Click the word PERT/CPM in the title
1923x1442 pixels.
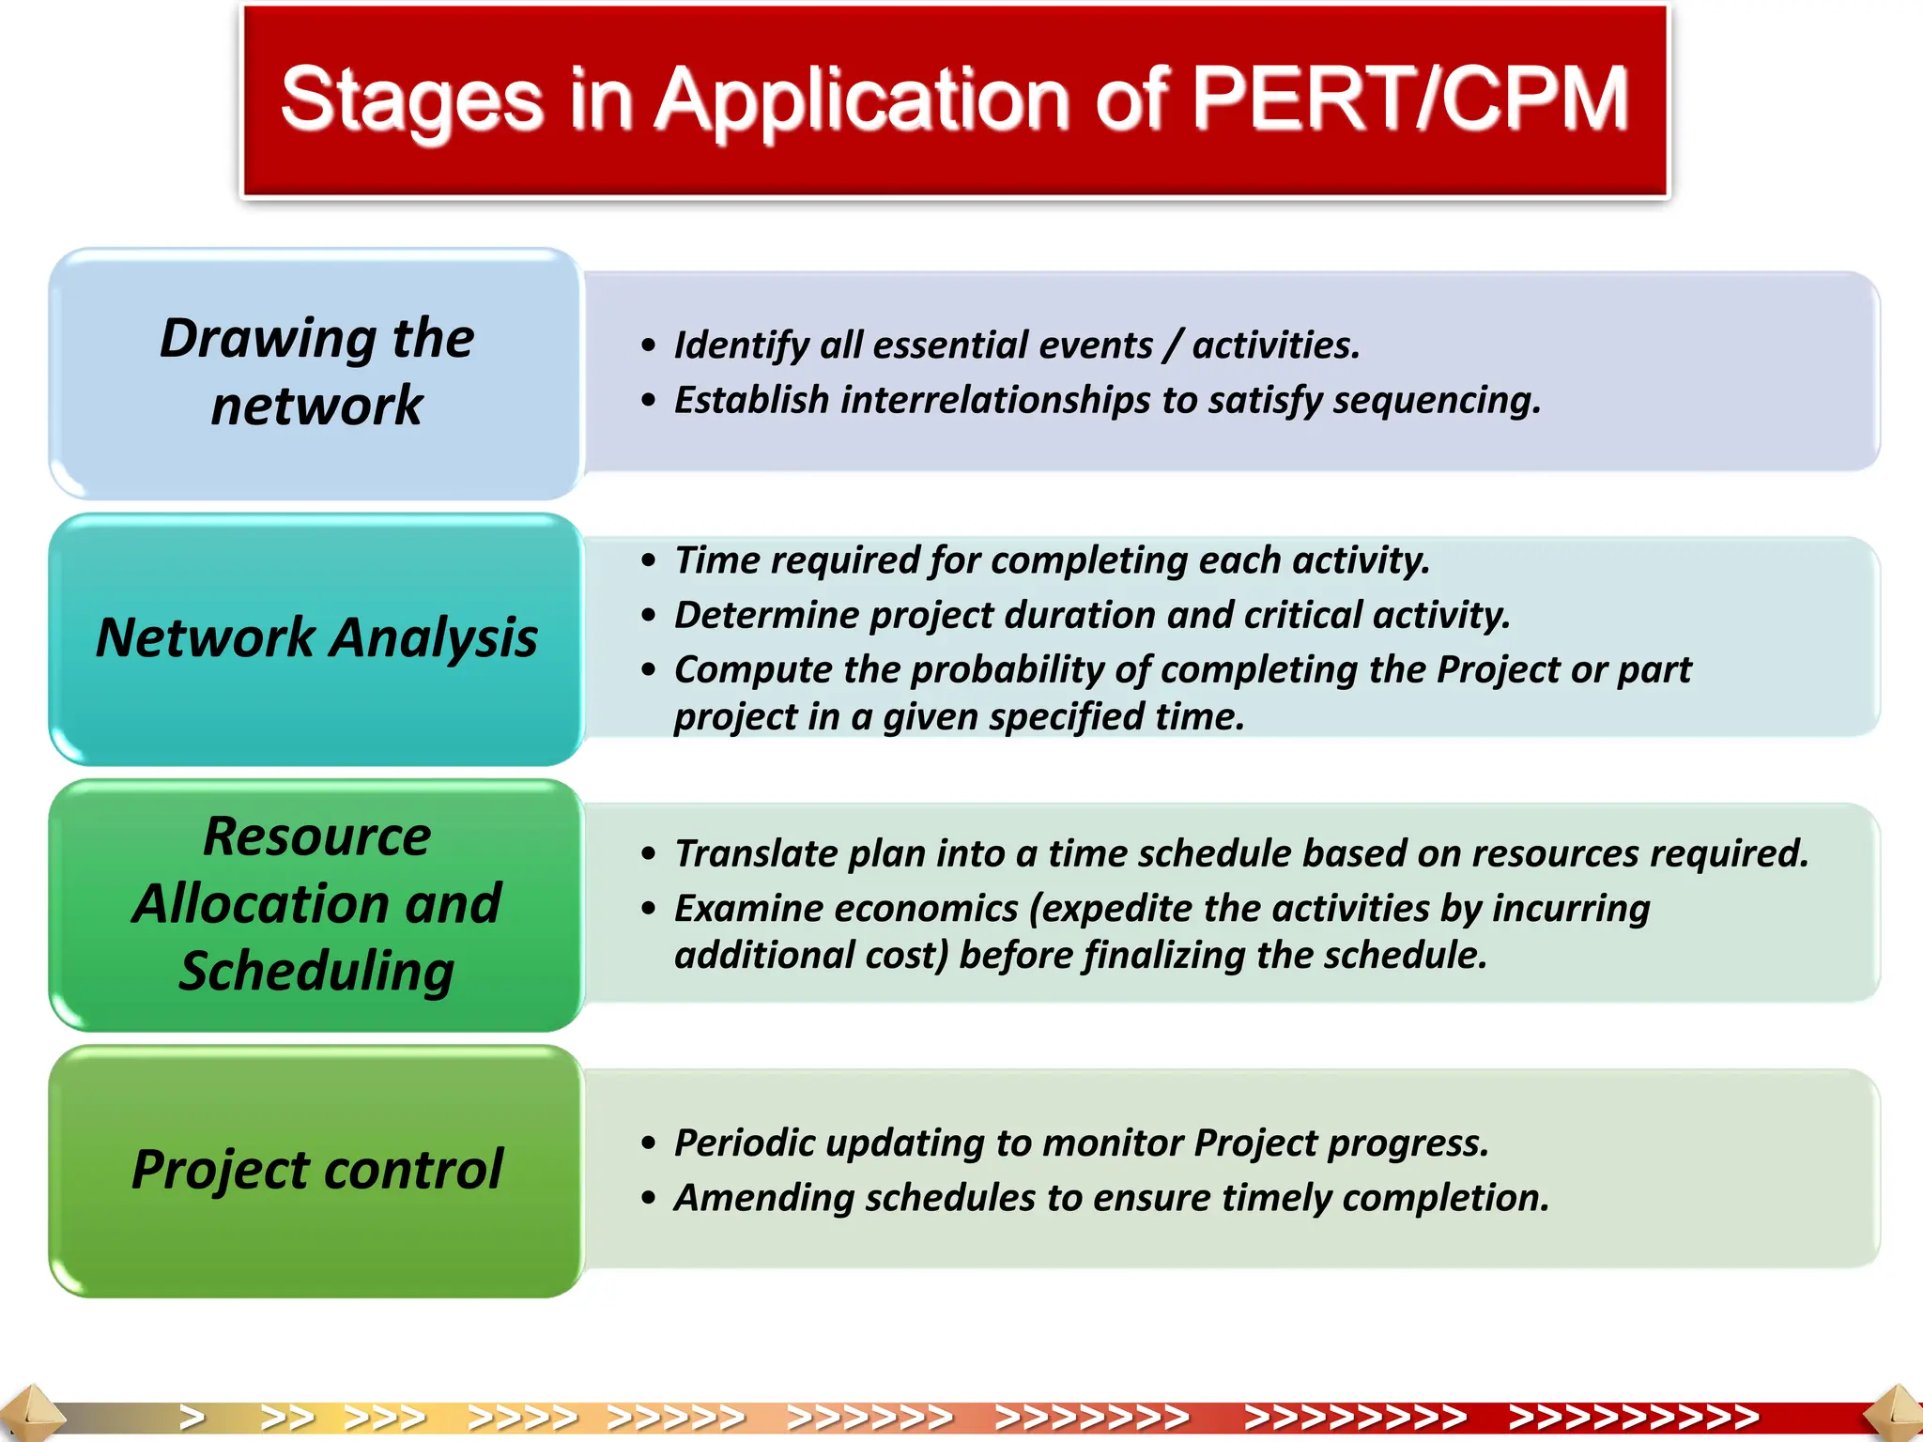click(x=1408, y=99)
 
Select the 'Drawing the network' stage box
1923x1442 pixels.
click(x=316, y=373)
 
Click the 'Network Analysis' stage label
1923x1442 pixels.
click(x=316, y=637)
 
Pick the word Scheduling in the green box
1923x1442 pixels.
click(x=316, y=971)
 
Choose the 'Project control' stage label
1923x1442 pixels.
click(x=316, y=1170)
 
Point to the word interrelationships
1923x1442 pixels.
click(x=994, y=400)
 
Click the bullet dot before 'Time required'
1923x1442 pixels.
click(x=648, y=561)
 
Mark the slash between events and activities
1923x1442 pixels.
click(x=1172, y=345)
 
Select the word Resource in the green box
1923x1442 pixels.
click(x=316, y=836)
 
